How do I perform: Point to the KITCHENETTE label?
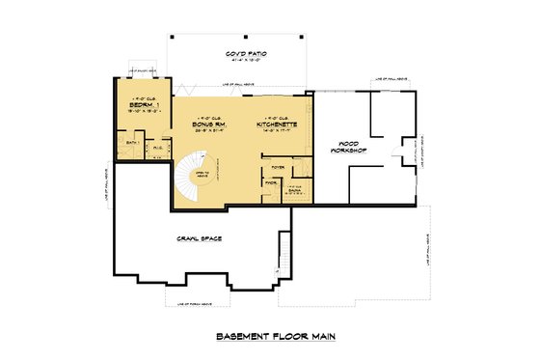(x=277, y=125)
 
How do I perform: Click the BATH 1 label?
(x=134, y=144)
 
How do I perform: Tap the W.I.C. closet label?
(x=157, y=148)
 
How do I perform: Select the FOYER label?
(x=278, y=166)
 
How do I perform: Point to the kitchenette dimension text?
(x=277, y=132)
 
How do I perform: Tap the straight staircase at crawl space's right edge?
(x=283, y=253)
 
